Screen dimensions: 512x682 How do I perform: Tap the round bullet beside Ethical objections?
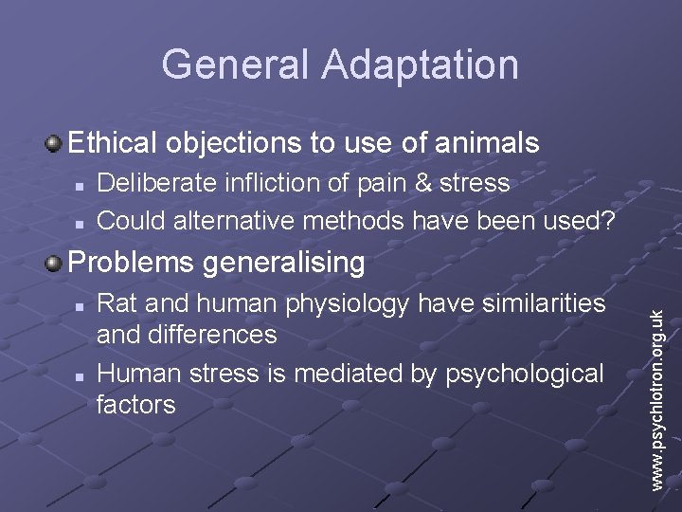coord(55,144)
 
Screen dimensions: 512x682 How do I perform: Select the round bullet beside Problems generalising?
coord(55,263)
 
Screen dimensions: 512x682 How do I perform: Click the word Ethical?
coord(116,144)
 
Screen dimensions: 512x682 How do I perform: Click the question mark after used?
coord(612,221)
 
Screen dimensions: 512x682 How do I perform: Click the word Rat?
coord(117,303)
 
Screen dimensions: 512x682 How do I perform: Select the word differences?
coord(220,335)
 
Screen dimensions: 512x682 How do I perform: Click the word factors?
coord(136,405)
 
